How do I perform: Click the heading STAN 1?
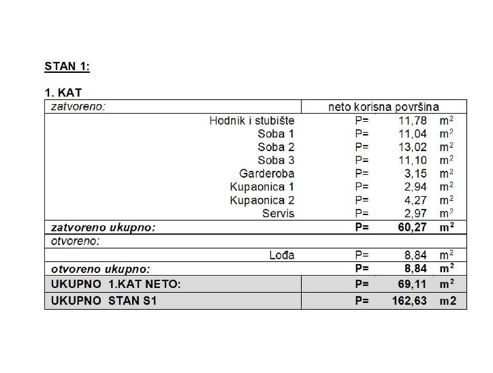point(67,67)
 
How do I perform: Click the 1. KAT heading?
point(63,93)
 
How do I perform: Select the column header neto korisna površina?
point(383,107)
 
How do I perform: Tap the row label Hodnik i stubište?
point(252,120)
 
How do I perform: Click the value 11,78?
point(413,120)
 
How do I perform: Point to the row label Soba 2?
point(276,147)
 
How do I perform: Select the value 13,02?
point(413,147)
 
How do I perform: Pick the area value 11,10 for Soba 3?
point(413,161)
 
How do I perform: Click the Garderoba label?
point(267,174)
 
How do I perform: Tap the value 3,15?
point(415,174)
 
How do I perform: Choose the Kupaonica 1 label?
point(262,186)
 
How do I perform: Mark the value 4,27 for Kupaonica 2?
point(415,200)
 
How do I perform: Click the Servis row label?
point(279,214)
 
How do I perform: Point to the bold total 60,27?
point(413,227)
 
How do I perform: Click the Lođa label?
point(281,255)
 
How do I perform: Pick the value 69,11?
point(413,284)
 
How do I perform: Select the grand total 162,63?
point(410,300)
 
